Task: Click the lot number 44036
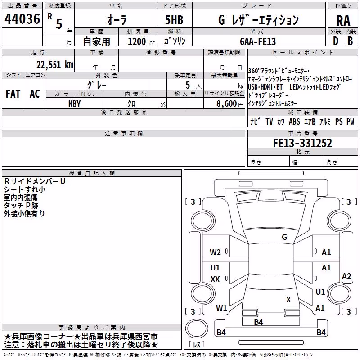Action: tap(22, 19)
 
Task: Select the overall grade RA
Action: tap(343, 21)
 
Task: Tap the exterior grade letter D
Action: tap(336, 41)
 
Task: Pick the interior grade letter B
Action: tap(350, 41)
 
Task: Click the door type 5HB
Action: tap(174, 20)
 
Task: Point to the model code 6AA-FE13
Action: tap(258, 41)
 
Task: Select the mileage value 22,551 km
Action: tap(55, 65)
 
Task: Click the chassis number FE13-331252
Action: tap(302, 143)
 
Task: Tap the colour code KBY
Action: tap(75, 104)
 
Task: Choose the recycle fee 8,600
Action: tap(227, 104)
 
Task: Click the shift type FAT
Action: tap(13, 94)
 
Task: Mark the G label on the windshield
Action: tap(284, 237)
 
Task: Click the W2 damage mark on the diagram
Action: tap(215, 252)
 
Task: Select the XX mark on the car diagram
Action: tap(215, 279)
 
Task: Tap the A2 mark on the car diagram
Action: tap(346, 276)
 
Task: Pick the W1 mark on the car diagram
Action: tap(221, 308)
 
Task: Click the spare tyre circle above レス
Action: tap(197, 328)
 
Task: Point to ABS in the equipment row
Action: tap(294, 121)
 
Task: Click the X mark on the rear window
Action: tap(288, 299)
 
